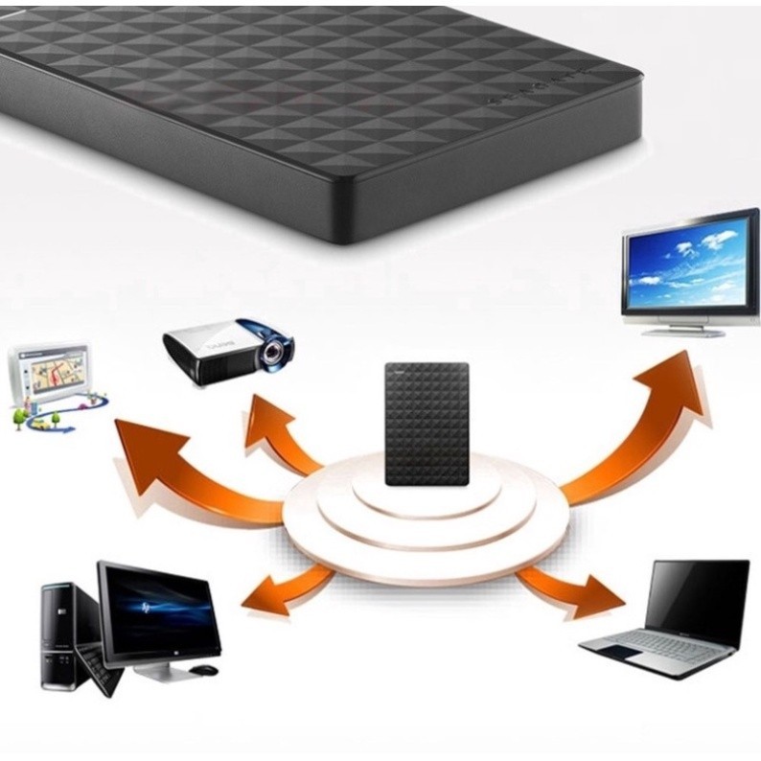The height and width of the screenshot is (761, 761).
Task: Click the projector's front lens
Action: pyautogui.click(x=275, y=353)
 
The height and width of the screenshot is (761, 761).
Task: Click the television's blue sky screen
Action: pyautogui.click(x=684, y=262)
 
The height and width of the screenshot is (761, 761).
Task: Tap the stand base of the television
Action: pyautogui.click(x=683, y=332)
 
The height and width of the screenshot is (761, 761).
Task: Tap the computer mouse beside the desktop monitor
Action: pyautogui.click(x=202, y=669)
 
